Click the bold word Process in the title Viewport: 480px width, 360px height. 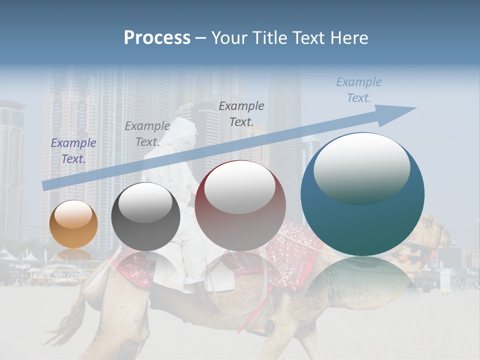click(x=157, y=38)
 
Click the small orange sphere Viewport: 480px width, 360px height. click(x=73, y=223)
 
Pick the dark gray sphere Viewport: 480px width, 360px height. click(x=145, y=216)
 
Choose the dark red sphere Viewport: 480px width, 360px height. click(x=240, y=205)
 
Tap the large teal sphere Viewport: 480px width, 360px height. click(x=362, y=194)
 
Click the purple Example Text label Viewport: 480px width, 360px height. click(x=73, y=151)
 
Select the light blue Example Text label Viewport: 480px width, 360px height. click(x=359, y=90)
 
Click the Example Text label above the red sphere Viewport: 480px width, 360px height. click(x=241, y=113)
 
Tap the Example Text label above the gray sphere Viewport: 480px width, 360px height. click(x=147, y=134)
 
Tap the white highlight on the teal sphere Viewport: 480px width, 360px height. click(x=361, y=167)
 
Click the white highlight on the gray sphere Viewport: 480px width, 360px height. click(x=145, y=202)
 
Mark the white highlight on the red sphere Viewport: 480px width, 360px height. click(x=240, y=186)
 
